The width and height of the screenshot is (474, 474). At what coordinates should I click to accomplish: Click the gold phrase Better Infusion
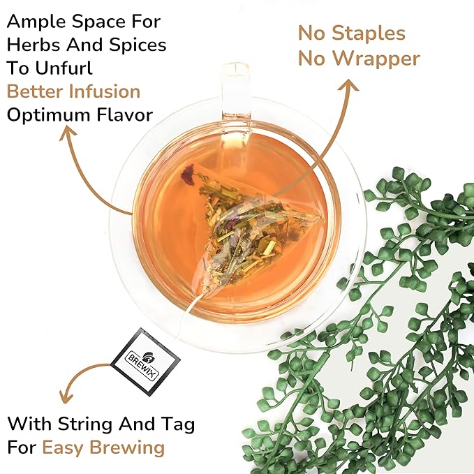tap(73, 91)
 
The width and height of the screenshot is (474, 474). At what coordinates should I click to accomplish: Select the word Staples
tap(369, 33)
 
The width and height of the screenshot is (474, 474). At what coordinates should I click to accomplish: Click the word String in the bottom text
tap(92, 423)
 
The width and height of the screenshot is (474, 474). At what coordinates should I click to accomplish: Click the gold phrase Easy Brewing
tap(103, 447)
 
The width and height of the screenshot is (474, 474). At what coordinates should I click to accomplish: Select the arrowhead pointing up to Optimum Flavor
tap(69, 133)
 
